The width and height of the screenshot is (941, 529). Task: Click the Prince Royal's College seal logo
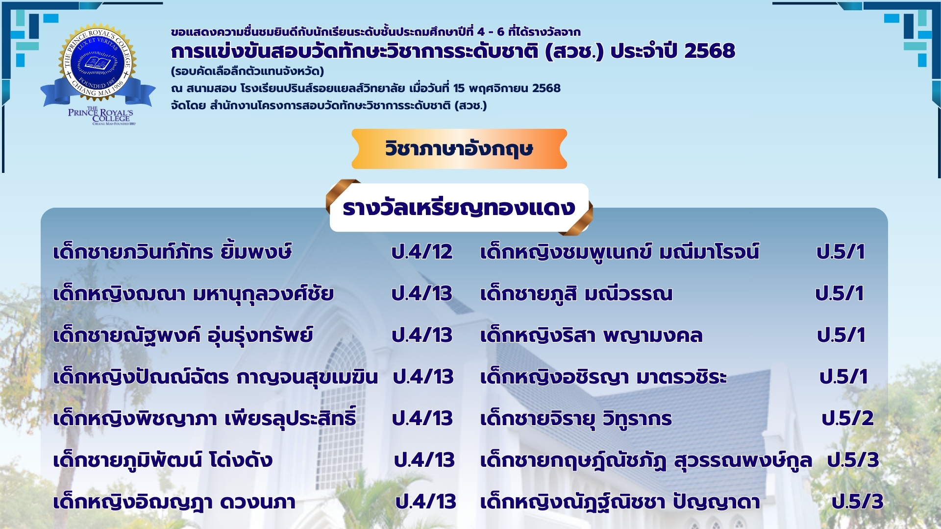point(98,73)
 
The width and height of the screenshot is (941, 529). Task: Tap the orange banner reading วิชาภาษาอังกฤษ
point(459,149)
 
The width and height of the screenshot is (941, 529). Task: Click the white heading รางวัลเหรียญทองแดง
point(459,208)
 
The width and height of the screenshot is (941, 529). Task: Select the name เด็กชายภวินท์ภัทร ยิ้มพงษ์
point(173,252)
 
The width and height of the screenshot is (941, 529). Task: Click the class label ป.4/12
point(422,252)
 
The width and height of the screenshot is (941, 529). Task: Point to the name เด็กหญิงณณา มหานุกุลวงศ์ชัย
point(194,294)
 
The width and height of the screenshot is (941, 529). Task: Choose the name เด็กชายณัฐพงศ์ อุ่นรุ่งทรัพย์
point(183,336)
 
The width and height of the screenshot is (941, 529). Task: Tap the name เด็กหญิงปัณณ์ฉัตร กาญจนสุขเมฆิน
point(216,377)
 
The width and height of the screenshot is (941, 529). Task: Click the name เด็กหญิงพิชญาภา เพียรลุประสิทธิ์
point(205,418)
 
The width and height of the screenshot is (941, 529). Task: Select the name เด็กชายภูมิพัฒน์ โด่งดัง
point(163,460)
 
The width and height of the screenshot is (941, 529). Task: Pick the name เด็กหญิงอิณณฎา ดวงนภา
point(174,502)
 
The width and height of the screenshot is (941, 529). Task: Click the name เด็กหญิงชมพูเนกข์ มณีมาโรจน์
point(619,252)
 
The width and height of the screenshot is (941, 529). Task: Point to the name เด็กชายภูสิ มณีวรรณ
point(576,294)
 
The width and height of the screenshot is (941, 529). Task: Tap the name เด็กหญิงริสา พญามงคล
point(591,336)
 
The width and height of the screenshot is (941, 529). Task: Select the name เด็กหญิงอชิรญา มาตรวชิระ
point(603,377)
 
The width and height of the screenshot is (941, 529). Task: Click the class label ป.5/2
point(848,418)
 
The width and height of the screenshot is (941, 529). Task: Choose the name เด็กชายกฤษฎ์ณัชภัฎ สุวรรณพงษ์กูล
point(646,460)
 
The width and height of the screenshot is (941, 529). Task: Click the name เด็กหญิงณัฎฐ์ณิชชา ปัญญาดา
point(620,502)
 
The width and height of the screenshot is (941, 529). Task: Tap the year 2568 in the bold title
point(710,51)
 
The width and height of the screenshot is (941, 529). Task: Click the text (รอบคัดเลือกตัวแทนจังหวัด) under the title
point(248,72)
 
